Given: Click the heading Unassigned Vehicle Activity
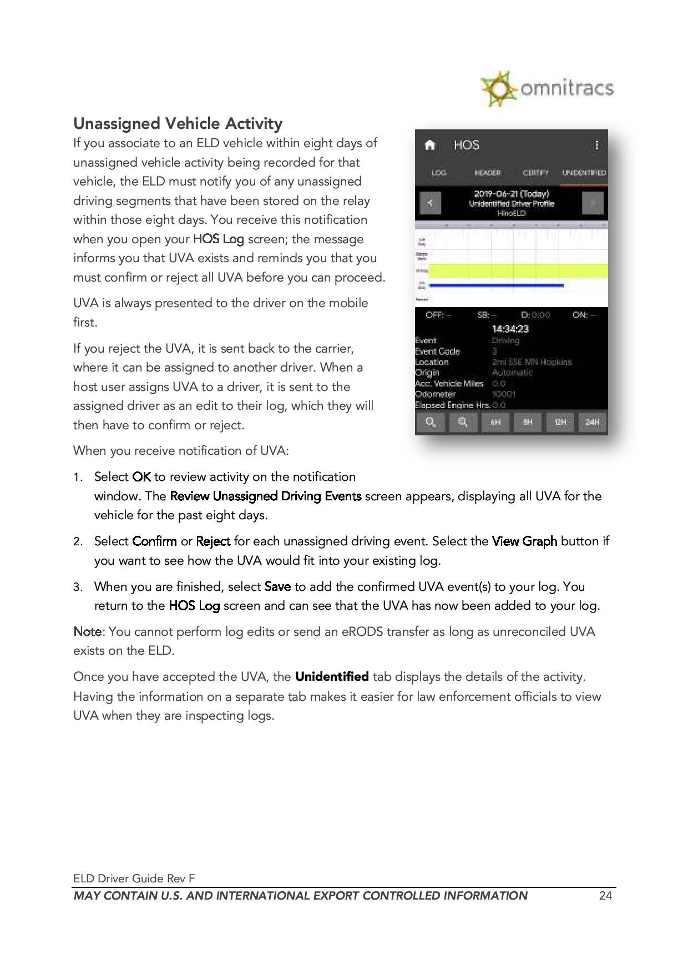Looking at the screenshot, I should point(178,123).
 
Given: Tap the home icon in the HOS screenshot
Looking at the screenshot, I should point(429,145).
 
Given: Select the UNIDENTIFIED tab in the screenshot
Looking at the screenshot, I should point(584,173).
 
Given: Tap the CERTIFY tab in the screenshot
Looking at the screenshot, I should point(535,173).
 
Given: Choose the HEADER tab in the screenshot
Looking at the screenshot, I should point(487,173).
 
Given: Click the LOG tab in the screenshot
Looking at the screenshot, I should point(439,173).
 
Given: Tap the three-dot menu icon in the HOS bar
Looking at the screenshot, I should point(596,145).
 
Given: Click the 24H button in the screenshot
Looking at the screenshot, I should point(592,423).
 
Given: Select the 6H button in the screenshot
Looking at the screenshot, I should point(495,423).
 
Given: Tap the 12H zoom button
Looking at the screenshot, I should point(560,423).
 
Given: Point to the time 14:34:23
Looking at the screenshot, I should point(510,329).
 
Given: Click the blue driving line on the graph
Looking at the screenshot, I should point(496,285).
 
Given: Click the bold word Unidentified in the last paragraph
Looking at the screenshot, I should point(332,676).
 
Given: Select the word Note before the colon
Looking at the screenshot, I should point(87,631).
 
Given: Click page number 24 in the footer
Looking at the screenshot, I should point(605,896).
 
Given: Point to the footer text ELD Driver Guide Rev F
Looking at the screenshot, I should point(134,878).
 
